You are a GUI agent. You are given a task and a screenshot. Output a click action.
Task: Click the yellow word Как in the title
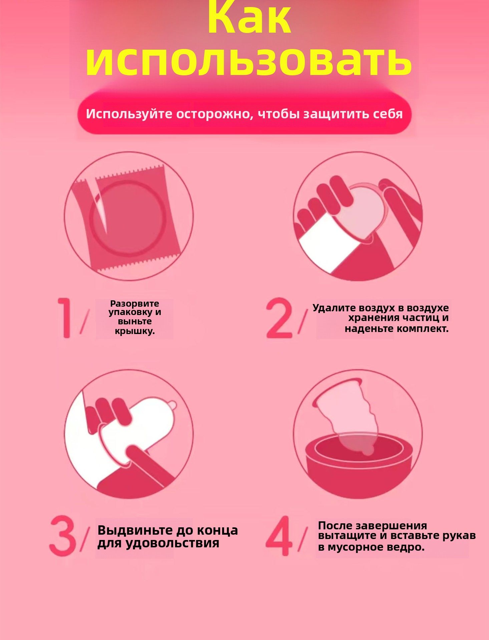249,17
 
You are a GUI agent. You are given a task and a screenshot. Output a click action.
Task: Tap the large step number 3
62,536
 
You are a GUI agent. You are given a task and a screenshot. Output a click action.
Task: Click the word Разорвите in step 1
135,304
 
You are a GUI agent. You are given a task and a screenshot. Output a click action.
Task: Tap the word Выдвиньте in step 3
135,530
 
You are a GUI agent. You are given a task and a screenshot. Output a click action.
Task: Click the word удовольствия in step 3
172,543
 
